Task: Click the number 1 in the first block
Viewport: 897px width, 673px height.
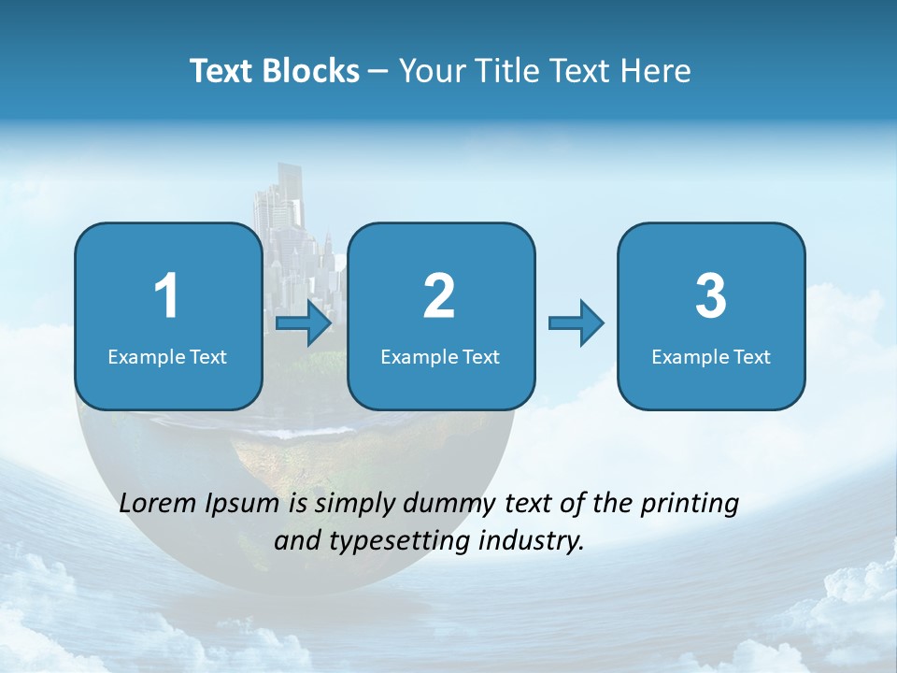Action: [166, 296]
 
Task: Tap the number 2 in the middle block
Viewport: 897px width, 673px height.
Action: [439, 296]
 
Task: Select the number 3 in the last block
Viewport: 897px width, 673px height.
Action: [711, 296]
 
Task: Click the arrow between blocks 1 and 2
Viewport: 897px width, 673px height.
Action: [304, 323]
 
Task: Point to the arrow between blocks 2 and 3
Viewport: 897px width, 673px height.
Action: [576, 323]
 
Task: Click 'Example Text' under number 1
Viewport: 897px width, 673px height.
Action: [167, 356]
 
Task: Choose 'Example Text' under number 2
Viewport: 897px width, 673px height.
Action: [440, 356]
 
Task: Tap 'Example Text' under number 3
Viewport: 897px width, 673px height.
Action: [711, 356]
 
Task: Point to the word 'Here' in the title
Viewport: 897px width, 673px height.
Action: [658, 71]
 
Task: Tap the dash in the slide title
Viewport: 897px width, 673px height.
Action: [378, 72]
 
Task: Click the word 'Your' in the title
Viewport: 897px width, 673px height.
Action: [427, 71]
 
